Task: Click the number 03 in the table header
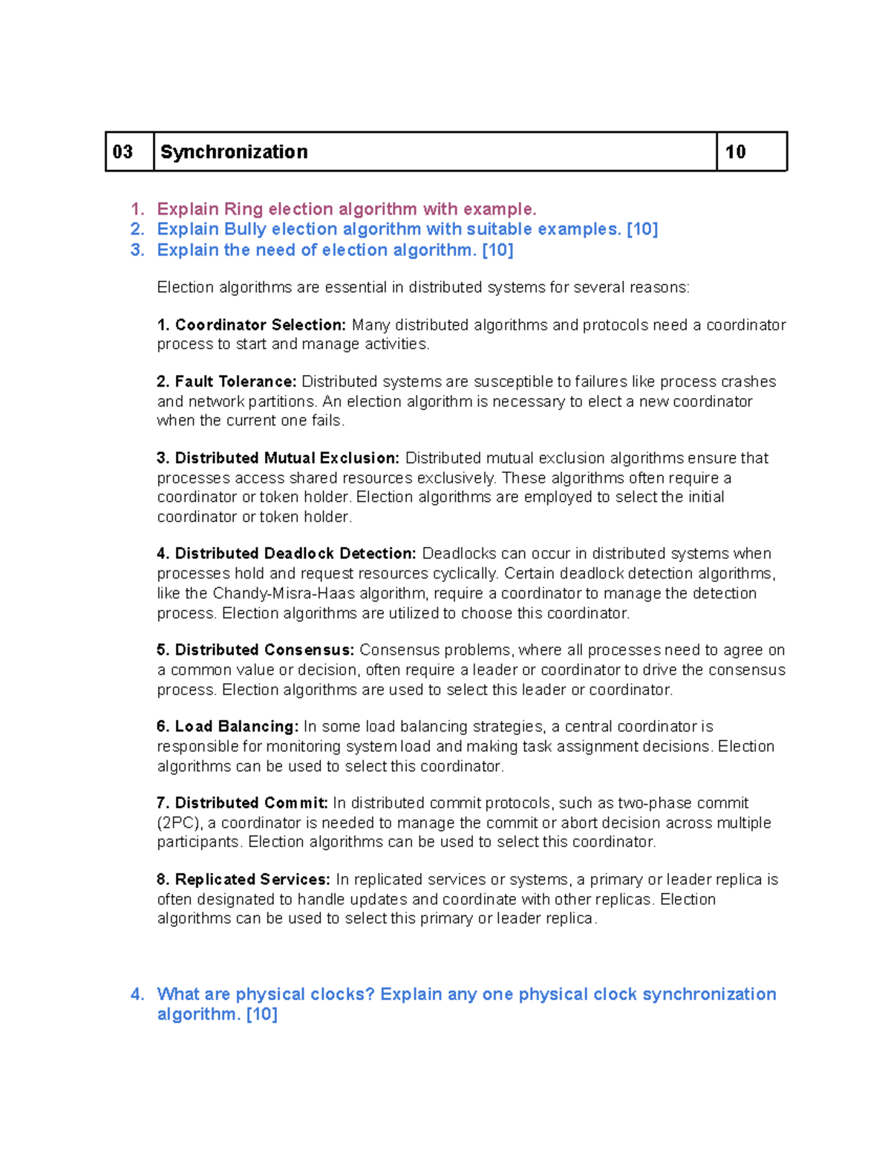pyautogui.click(x=123, y=152)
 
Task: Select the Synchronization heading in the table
pyautogui.click(x=234, y=152)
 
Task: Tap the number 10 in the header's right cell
pyautogui.click(x=735, y=152)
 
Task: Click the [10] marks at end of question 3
pyautogui.click(x=497, y=250)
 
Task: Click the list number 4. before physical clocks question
pyautogui.click(x=137, y=995)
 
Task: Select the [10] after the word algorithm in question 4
pyautogui.click(x=261, y=1015)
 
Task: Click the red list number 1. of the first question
pyautogui.click(x=137, y=209)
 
